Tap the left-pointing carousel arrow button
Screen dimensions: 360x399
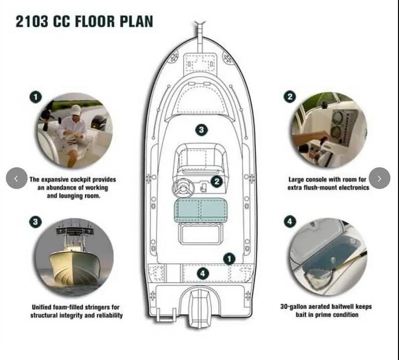point(16,178)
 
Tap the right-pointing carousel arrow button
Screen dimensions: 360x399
point(380,178)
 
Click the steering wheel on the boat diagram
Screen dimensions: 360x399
point(183,188)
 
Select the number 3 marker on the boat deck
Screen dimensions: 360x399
point(200,130)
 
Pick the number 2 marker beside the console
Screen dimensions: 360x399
point(216,181)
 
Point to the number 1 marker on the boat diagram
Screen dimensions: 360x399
point(229,258)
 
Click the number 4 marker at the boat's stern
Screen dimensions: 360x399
point(202,273)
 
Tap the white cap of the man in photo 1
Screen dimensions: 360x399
point(76,109)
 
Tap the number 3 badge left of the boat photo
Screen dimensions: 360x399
point(35,222)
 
